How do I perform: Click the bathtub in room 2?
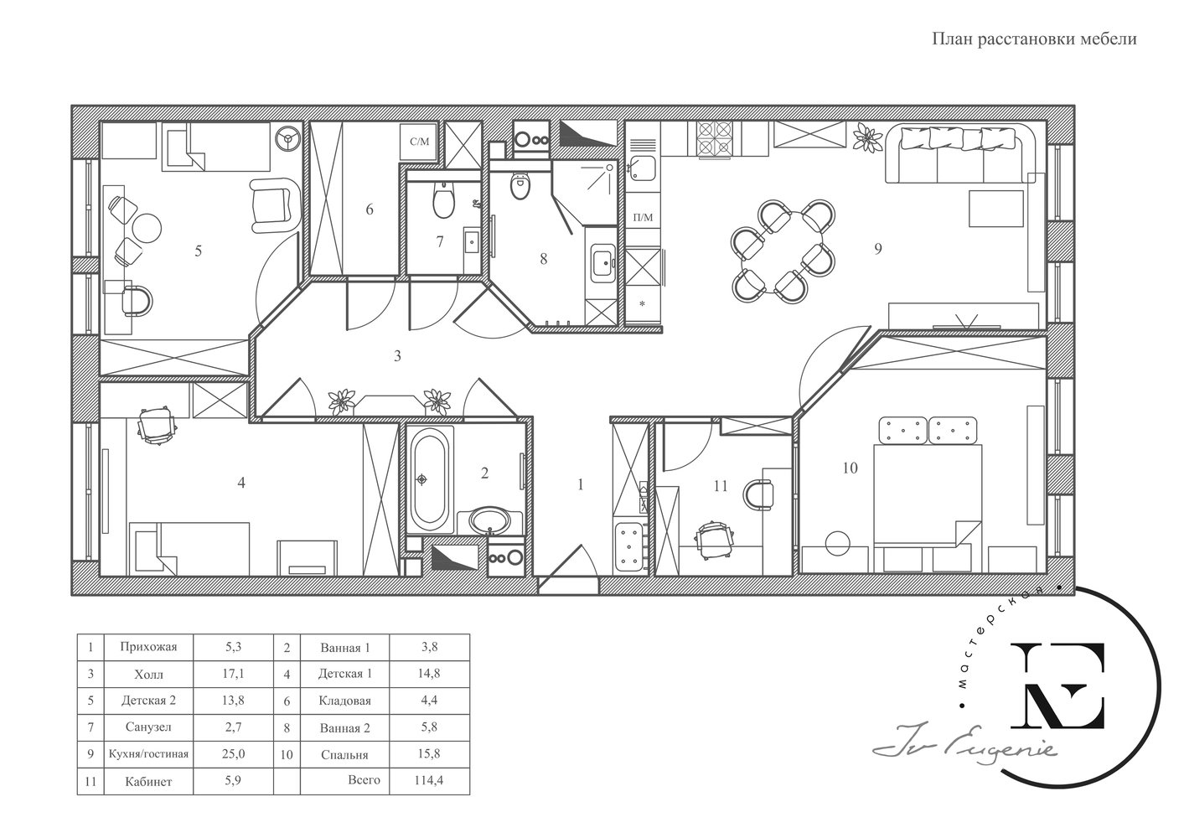point(430,480)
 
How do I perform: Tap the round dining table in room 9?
point(783,251)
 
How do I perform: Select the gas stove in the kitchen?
point(714,139)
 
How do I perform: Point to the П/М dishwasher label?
point(644,217)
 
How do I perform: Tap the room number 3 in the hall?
point(397,356)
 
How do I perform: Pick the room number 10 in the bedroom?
point(850,468)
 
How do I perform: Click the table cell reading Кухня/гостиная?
point(148,754)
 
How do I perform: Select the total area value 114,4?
point(429,780)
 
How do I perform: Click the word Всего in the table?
point(365,779)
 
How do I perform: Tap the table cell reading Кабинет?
point(148,781)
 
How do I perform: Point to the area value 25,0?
point(233,753)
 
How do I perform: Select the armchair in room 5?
point(271,205)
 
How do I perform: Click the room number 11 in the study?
point(721,486)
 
